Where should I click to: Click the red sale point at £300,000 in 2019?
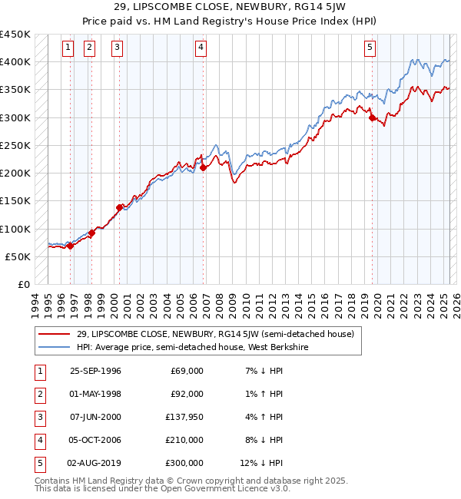[372, 118]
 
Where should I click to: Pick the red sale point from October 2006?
[203, 168]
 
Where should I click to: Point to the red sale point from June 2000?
[120, 207]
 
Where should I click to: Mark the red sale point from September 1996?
[71, 246]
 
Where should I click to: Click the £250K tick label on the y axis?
[15, 145]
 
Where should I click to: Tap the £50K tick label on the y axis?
[18, 256]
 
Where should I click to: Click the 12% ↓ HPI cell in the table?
[262, 464]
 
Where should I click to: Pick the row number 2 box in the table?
[39, 395]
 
